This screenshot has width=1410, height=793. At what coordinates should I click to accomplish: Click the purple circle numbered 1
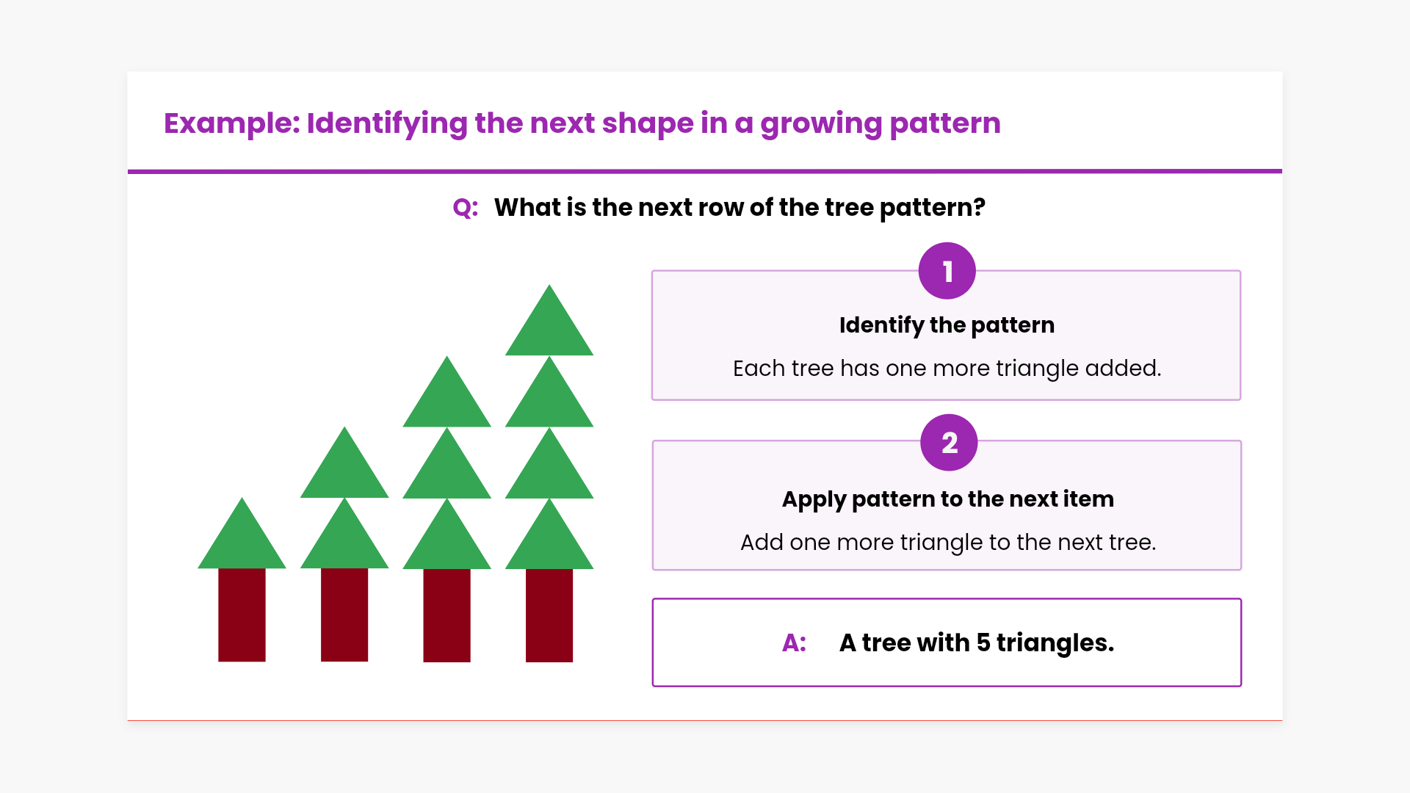(x=947, y=271)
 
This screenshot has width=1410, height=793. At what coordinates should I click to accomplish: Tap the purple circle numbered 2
(x=949, y=443)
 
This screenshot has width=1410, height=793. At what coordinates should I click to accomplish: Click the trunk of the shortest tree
(x=242, y=615)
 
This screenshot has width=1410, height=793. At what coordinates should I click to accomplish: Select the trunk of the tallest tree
(x=549, y=615)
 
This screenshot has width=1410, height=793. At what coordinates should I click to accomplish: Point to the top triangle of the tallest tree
(x=549, y=320)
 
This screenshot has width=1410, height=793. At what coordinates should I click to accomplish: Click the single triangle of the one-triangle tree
(x=242, y=533)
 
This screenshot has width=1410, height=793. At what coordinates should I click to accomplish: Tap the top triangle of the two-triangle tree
(x=344, y=463)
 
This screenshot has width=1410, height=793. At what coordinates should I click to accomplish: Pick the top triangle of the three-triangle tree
(x=446, y=391)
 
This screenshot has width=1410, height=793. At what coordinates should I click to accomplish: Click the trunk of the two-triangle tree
(x=344, y=615)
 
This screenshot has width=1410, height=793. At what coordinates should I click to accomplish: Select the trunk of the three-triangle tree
(x=446, y=615)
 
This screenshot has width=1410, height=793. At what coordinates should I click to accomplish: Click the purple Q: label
(x=466, y=208)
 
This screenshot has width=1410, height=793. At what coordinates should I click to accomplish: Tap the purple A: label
(x=794, y=643)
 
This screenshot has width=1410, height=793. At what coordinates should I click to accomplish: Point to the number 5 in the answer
(x=983, y=643)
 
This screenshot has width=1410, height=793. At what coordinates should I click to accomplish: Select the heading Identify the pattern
(x=947, y=325)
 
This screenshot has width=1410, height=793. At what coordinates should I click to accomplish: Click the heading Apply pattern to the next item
(x=947, y=499)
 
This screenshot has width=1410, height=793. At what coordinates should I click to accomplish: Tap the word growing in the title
(x=821, y=123)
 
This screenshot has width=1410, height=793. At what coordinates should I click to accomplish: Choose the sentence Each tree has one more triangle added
(x=947, y=369)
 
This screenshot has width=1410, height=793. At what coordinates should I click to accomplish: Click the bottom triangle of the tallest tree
(x=549, y=534)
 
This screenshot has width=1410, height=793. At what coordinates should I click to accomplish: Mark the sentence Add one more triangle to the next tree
(x=948, y=543)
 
